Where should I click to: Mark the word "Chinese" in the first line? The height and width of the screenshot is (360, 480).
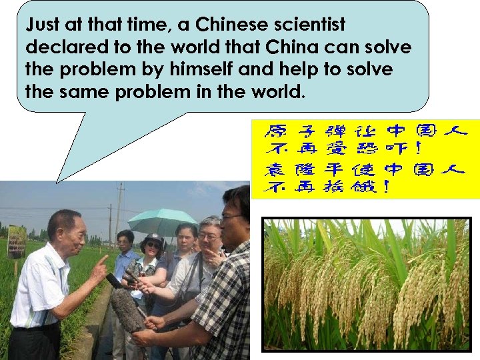[x=225, y=26]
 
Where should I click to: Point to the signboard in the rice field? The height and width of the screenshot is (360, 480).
[x=16, y=241]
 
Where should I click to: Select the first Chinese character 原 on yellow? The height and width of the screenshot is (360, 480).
[x=275, y=131]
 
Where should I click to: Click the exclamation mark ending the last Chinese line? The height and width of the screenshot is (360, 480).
[x=385, y=187]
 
